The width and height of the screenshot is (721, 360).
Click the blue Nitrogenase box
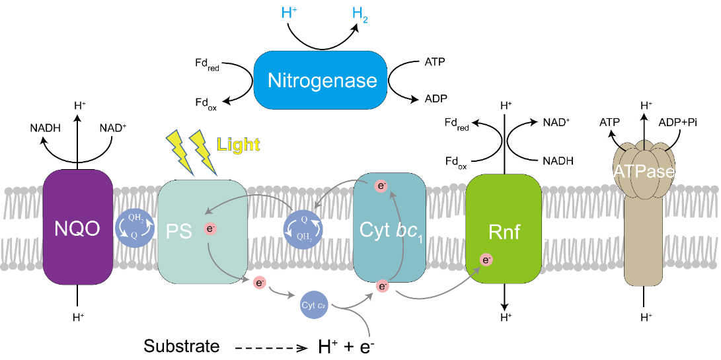[322, 81]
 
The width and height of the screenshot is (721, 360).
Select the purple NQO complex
[77, 228]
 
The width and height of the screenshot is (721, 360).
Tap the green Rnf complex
[504, 231]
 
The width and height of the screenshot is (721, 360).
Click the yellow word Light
[239, 145]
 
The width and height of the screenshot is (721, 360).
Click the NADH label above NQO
[46, 128]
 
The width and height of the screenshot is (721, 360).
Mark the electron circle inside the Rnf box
[486, 260]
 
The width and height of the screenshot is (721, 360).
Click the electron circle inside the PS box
[211, 230]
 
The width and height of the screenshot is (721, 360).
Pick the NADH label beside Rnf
[558, 161]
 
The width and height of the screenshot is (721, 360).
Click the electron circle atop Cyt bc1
[380, 186]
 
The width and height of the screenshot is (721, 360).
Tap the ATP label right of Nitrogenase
[434, 62]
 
